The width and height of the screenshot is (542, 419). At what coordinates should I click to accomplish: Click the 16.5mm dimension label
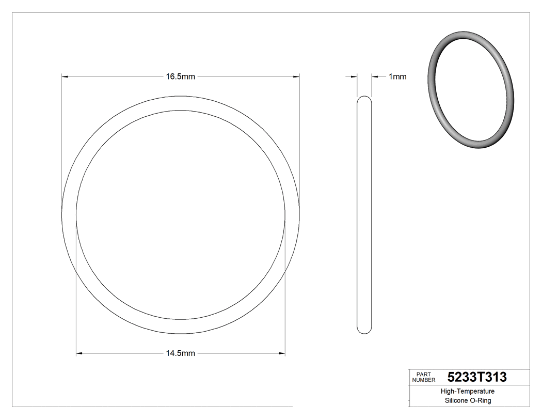(180, 77)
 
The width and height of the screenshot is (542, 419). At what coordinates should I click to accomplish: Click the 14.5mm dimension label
(180, 354)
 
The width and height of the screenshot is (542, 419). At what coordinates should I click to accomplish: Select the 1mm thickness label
(397, 77)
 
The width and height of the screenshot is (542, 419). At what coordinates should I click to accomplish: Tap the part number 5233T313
(477, 377)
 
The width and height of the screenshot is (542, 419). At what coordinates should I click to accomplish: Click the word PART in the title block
(423, 374)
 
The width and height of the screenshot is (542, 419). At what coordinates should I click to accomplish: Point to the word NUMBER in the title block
(424, 380)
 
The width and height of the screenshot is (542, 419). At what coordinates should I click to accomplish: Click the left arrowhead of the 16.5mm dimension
(65, 77)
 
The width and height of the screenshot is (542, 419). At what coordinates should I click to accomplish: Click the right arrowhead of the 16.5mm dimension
(297, 77)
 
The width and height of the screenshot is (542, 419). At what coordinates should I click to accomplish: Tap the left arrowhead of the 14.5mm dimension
(79, 354)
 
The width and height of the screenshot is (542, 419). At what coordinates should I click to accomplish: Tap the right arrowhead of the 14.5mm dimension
(282, 354)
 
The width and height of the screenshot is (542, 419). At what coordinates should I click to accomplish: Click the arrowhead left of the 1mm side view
(354, 77)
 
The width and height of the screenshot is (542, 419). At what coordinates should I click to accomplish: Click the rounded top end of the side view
(364, 99)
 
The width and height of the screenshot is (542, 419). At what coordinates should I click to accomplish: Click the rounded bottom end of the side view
(364, 330)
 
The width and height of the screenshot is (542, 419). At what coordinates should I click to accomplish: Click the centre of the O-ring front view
(181, 214)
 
